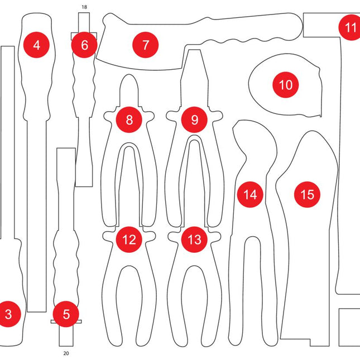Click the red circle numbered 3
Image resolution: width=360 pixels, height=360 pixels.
[8, 314]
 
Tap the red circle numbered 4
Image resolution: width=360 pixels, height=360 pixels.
[37, 45]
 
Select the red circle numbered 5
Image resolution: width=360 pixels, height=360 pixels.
[66, 314]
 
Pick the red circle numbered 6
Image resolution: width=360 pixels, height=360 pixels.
[84, 45]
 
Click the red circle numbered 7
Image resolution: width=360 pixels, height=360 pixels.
[146, 45]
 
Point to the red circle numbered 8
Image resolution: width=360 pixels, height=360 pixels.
[129, 119]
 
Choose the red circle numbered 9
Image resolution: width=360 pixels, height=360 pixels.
[194, 119]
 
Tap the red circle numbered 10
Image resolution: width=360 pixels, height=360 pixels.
[286, 85]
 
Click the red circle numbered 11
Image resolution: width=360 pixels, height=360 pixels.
[350, 27]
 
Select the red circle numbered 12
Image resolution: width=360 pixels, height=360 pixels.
[129, 240]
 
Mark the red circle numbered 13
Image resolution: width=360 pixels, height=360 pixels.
[194, 240]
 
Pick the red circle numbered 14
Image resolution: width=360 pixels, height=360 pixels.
[251, 194]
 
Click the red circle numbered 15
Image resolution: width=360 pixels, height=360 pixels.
[307, 194]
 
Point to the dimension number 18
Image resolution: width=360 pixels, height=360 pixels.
[84, 7]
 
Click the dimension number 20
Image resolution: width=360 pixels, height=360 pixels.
[66, 353]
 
